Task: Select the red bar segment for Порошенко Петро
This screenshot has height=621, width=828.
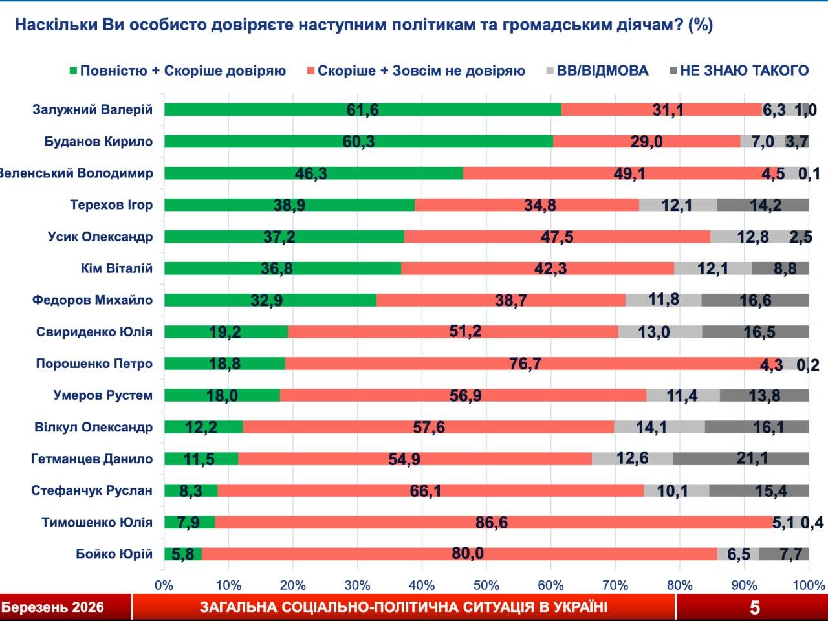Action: pyautogui.click(x=524, y=364)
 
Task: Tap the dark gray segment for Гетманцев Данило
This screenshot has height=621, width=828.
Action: pyautogui.click(x=740, y=459)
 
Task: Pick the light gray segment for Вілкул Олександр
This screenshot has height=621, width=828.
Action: pyautogui.click(x=659, y=427)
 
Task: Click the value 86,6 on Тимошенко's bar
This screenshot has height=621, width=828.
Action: pyautogui.click(x=492, y=522)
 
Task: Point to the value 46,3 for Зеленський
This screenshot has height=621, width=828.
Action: pyautogui.click(x=313, y=173)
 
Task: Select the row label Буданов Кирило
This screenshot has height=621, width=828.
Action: pyautogui.click(x=98, y=141)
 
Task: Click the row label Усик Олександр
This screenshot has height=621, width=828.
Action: pyautogui.click(x=100, y=236)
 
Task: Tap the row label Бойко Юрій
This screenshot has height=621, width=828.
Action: pyautogui.click(x=114, y=554)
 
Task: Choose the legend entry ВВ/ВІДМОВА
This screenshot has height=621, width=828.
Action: pyautogui.click(x=602, y=71)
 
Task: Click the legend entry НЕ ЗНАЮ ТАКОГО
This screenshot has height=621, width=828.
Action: pyautogui.click(x=744, y=71)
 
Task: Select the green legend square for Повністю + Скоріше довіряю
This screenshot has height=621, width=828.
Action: pyautogui.click(x=72, y=71)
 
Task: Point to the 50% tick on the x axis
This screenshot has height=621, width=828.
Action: pyautogui.click(x=486, y=585)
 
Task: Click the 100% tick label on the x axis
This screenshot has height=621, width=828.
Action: pyautogui.click(x=808, y=585)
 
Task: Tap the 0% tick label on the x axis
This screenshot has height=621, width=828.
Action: pyautogui.click(x=164, y=585)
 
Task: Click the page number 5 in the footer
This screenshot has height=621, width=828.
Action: pyautogui.click(x=754, y=607)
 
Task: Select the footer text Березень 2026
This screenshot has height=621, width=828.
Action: pyautogui.click(x=52, y=607)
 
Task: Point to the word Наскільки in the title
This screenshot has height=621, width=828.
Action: pyautogui.click(x=56, y=25)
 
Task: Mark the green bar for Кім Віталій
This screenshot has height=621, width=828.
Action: pyautogui.click(x=282, y=268)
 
